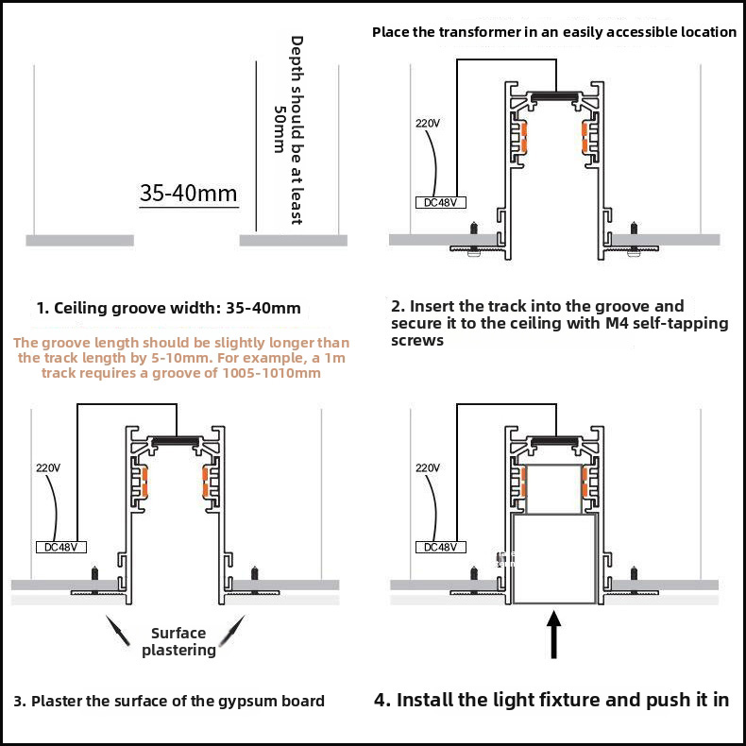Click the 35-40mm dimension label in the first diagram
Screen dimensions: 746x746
point(189,194)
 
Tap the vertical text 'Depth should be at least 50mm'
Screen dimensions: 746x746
point(289,130)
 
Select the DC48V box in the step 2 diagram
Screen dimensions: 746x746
point(441,203)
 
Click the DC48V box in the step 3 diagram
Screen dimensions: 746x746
point(61,547)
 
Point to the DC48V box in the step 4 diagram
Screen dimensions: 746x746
point(441,547)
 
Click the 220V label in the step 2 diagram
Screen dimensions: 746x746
point(427,124)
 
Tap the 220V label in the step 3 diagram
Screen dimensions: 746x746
point(48,468)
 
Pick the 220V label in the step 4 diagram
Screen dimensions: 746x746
point(427,468)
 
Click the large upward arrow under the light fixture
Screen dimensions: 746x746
point(553,636)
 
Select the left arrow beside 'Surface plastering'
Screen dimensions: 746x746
point(117,631)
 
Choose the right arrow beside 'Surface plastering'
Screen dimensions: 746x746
point(232,631)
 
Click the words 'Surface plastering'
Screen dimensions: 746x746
point(178,641)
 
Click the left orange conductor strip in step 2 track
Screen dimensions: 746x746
point(524,138)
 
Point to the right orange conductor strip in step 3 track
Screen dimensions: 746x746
point(206,483)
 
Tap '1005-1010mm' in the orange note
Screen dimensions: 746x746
point(272,372)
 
